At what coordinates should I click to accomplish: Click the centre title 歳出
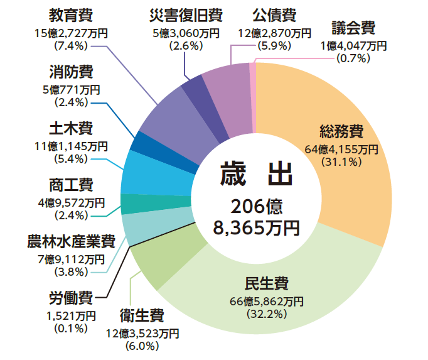pos(257,175)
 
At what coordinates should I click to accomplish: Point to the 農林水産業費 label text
pos(71,241)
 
